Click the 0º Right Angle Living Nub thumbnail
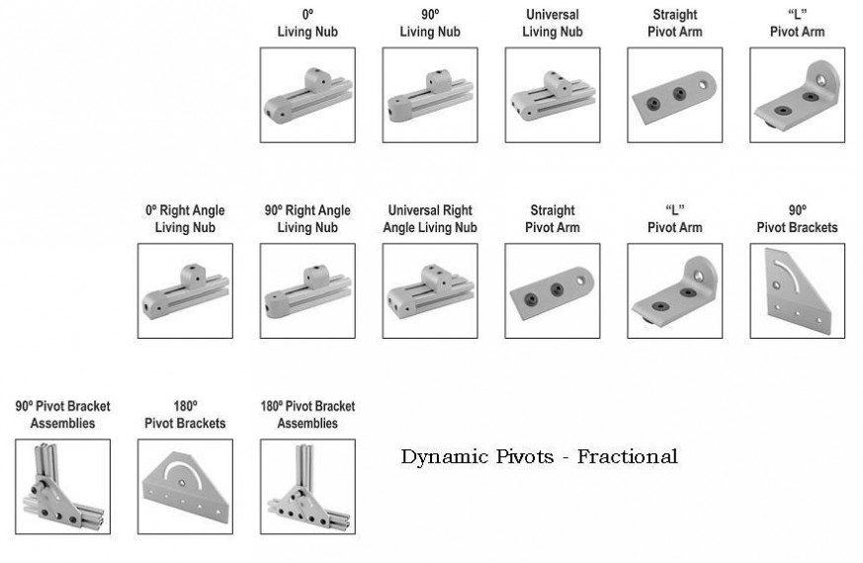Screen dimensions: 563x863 185,291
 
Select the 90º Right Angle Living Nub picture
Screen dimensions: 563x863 307,291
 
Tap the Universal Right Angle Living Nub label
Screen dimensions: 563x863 430,218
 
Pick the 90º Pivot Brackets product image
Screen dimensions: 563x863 797,291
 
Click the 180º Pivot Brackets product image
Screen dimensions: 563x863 185,487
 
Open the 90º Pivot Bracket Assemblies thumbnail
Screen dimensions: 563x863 62,487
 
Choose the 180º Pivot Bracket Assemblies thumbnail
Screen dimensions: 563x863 307,487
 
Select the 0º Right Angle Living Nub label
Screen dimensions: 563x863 185,218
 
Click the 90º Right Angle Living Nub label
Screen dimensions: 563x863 307,218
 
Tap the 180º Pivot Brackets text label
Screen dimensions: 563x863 185,414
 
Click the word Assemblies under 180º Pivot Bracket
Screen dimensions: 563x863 307,423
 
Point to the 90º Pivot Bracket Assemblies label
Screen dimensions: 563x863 62,414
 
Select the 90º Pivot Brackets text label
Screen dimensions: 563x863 797,218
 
